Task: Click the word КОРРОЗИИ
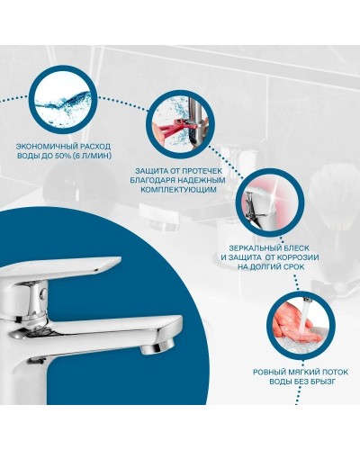(300, 256)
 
